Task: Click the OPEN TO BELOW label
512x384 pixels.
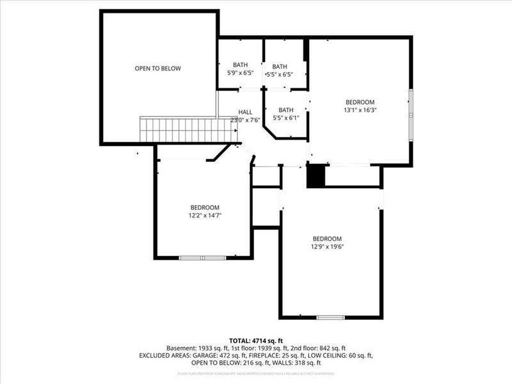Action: [x=157, y=68]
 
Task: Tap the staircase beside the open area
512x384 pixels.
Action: [x=186, y=129]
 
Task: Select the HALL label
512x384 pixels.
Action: [x=246, y=111]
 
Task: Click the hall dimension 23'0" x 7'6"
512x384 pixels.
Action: [x=246, y=120]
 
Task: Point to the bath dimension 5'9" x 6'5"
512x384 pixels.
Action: [x=241, y=73]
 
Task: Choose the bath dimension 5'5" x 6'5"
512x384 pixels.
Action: [x=280, y=74]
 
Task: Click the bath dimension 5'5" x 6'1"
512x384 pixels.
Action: [x=285, y=118]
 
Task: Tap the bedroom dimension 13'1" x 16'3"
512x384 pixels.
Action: [x=360, y=110]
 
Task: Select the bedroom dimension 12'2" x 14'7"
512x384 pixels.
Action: [x=205, y=216]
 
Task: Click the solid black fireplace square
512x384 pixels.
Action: [x=316, y=176]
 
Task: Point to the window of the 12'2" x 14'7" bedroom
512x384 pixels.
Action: [x=202, y=257]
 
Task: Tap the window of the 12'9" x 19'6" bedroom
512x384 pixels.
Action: [x=331, y=317]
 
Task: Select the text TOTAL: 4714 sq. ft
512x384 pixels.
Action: [x=256, y=340]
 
